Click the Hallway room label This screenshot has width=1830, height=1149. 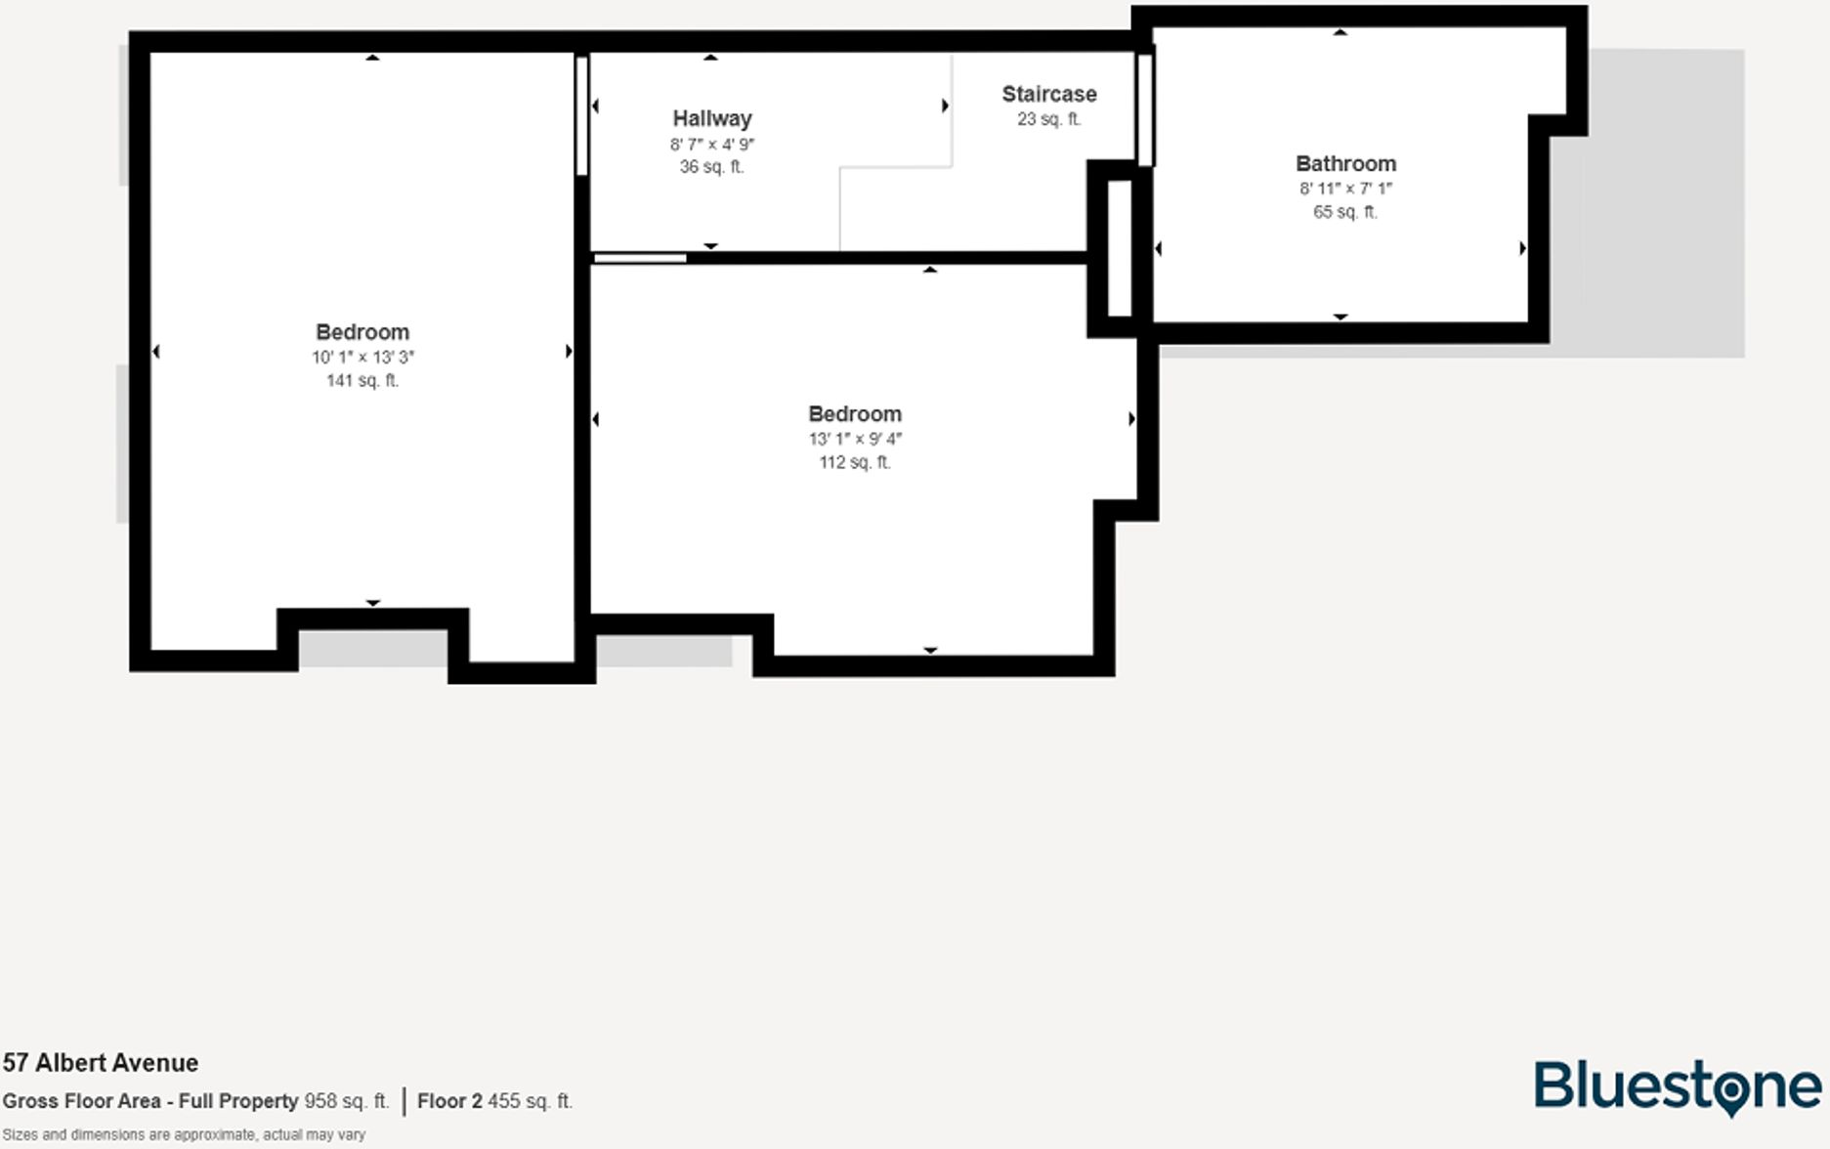click(x=711, y=119)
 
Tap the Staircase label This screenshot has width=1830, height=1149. click(x=1048, y=95)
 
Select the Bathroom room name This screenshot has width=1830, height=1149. click(x=1345, y=164)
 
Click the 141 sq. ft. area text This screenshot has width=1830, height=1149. click(x=362, y=381)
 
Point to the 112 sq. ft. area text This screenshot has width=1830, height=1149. click(x=855, y=462)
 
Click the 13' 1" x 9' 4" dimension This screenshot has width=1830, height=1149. click(x=855, y=440)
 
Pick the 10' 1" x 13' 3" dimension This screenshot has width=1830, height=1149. click(x=362, y=358)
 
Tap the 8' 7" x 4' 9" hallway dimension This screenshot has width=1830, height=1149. click(x=711, y=145)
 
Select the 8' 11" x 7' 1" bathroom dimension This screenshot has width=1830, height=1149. click(x=1345, y=189)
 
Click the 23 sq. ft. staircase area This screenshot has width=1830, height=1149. click(x=1048, y=119)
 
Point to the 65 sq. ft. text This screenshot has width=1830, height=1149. click(x=1345, y=212)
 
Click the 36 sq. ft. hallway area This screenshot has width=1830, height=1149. click(x=711, y=167)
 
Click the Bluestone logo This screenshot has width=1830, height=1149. click(x=1677, y=1086)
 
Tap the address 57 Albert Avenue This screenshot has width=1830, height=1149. click(x=101, y=1063)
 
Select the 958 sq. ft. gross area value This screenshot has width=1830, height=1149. click(x=346, y=1101)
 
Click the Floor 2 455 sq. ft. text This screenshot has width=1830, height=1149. click(x=494, y=1101)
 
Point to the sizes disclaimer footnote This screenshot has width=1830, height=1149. click(x=184, y=1134)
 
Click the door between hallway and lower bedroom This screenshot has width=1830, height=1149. click(x=640, y=258)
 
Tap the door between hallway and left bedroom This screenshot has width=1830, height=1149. click(x=581, y=115)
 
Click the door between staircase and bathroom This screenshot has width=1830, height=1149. click(x=1144, y=109)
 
